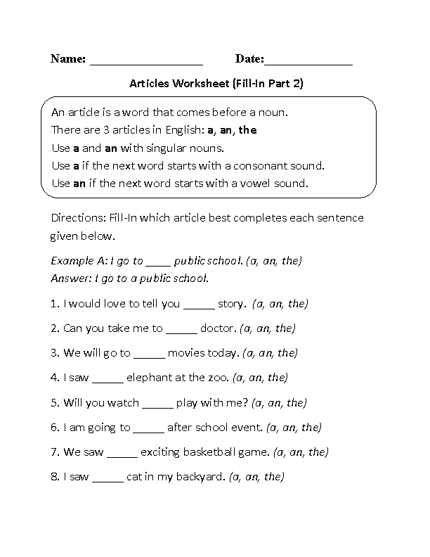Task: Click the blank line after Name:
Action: (x=146, y=62)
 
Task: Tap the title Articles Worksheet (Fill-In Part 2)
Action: (x=216, y=83)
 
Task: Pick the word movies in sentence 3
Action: (x=187, y=353)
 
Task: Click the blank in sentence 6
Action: (x=148, y=428)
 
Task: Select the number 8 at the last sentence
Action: (x=54, y=477)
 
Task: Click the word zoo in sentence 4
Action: (x=219, y=378)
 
